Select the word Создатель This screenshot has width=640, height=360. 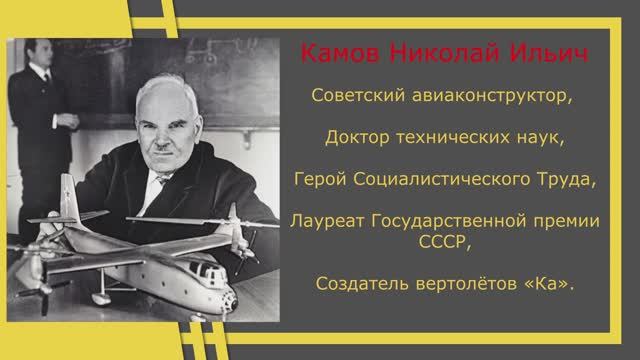pyautogui.click(x=355, y=285)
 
